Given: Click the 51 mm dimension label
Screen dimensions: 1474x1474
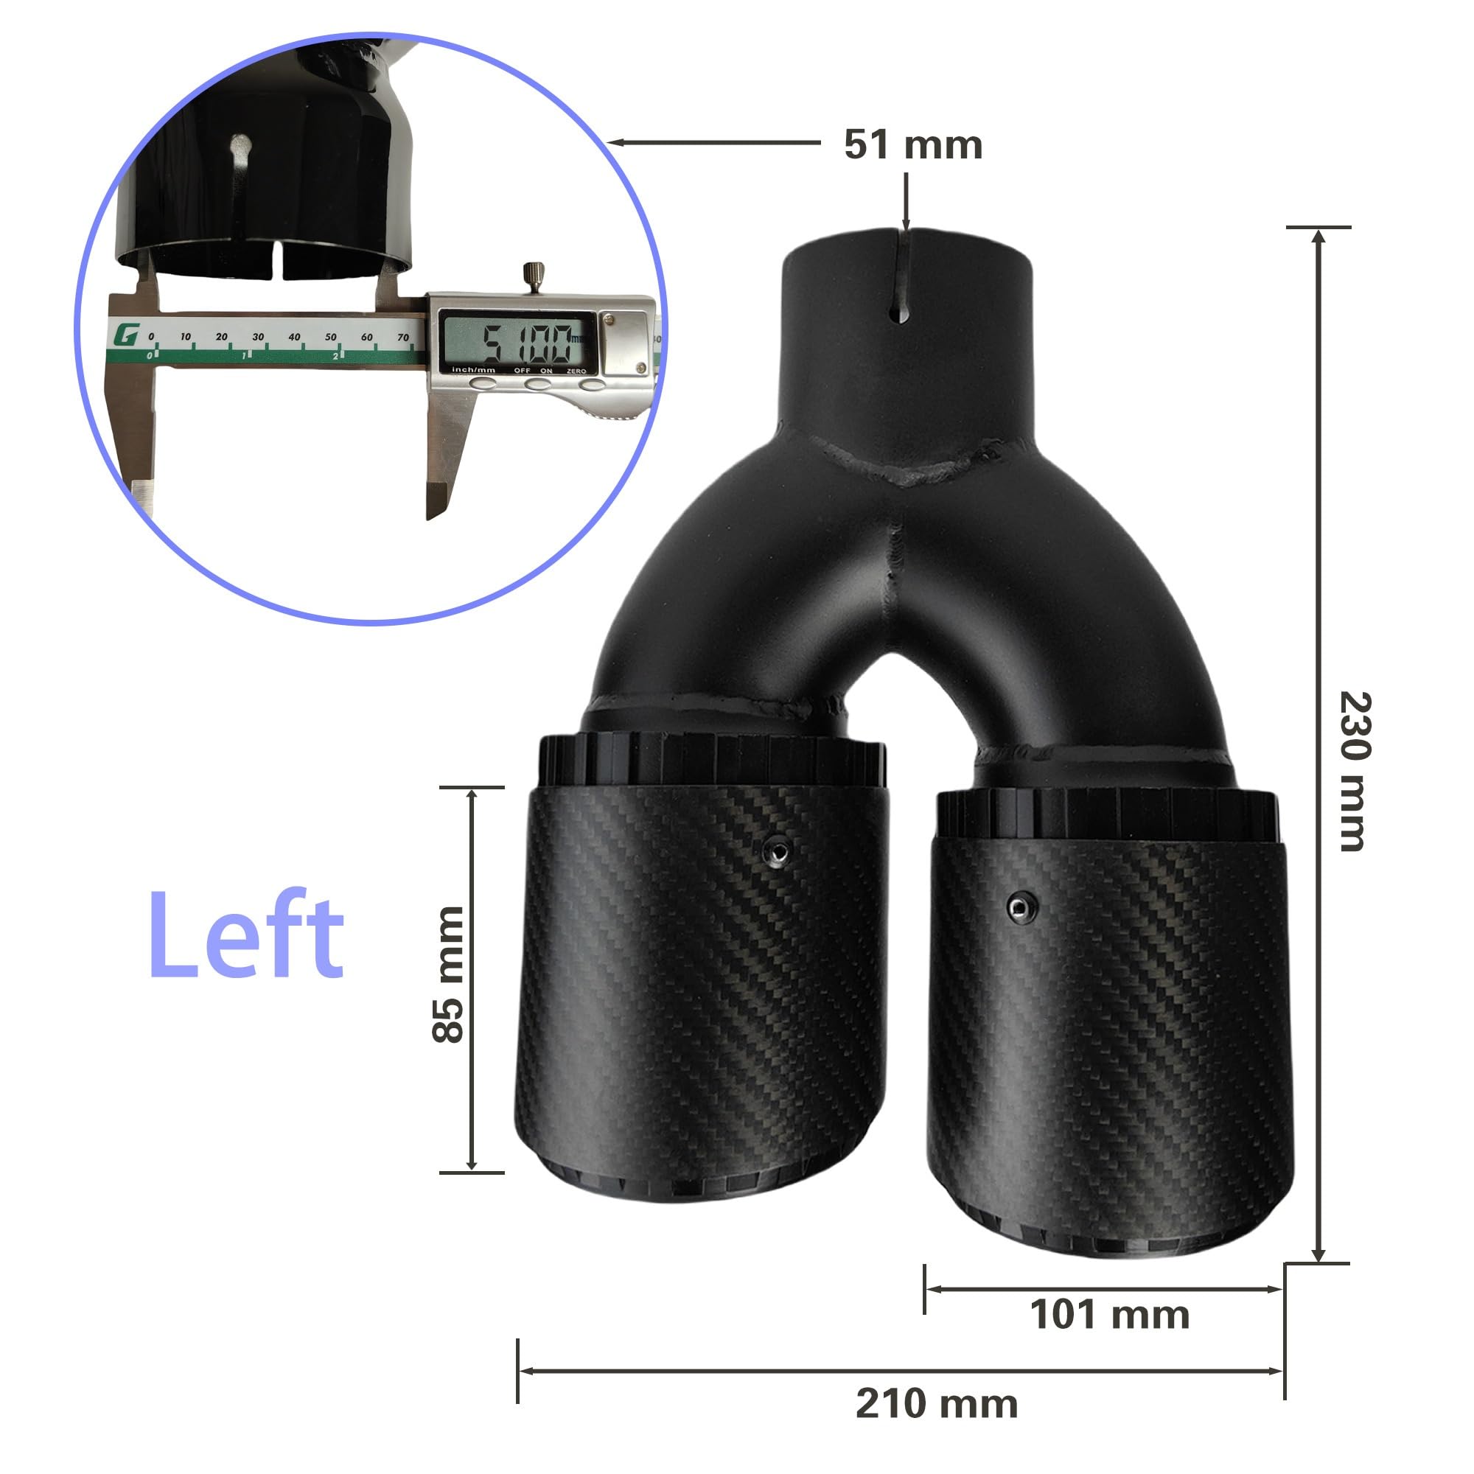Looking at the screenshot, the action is click(x=913, y=145).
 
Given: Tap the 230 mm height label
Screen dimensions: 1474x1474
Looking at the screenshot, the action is click(x=1355, y=772).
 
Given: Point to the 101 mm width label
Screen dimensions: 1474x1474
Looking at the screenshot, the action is click(x=1109, y=1315).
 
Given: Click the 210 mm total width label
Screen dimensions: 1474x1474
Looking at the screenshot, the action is click(x=937, y=1404).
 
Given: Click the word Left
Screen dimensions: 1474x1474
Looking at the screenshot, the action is click(x=245, y=935).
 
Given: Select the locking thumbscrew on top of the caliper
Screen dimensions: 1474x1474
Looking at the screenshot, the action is click(x=533, y=276).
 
